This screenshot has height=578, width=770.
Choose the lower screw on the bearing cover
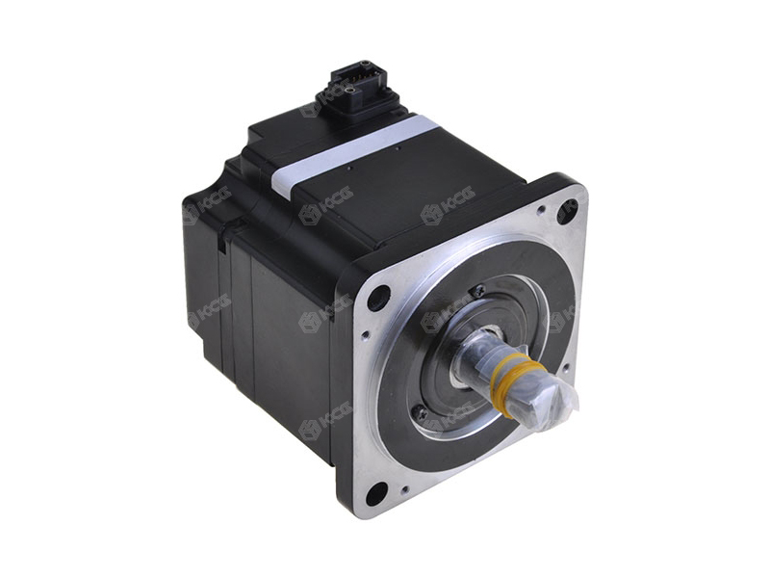point(421,412)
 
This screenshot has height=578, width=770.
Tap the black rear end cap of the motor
point(207,279)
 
